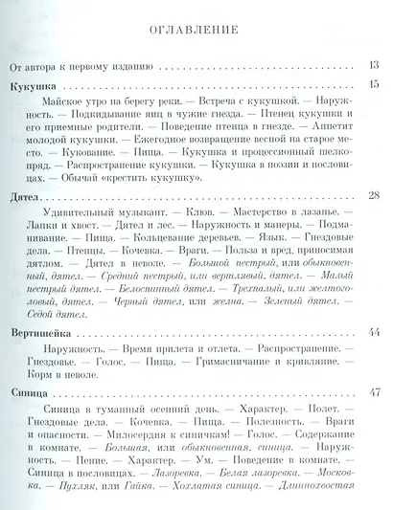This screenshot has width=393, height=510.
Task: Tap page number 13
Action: pos(375,66)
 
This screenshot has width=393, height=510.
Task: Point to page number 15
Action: pos(375,86)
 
